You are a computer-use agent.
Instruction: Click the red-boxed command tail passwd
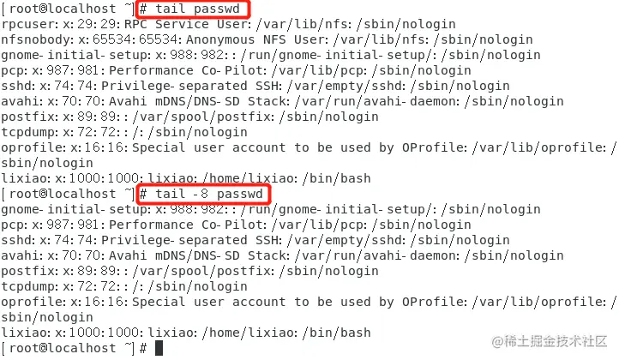click(x=193, y=9)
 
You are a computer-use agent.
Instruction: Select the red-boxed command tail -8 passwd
click(x=203, y=194)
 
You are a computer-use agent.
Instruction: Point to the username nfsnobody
click(x=33, y=39)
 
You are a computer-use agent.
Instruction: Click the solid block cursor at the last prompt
click(x=158, y=348)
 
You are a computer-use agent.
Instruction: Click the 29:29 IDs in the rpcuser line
click(x=99, y=24)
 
